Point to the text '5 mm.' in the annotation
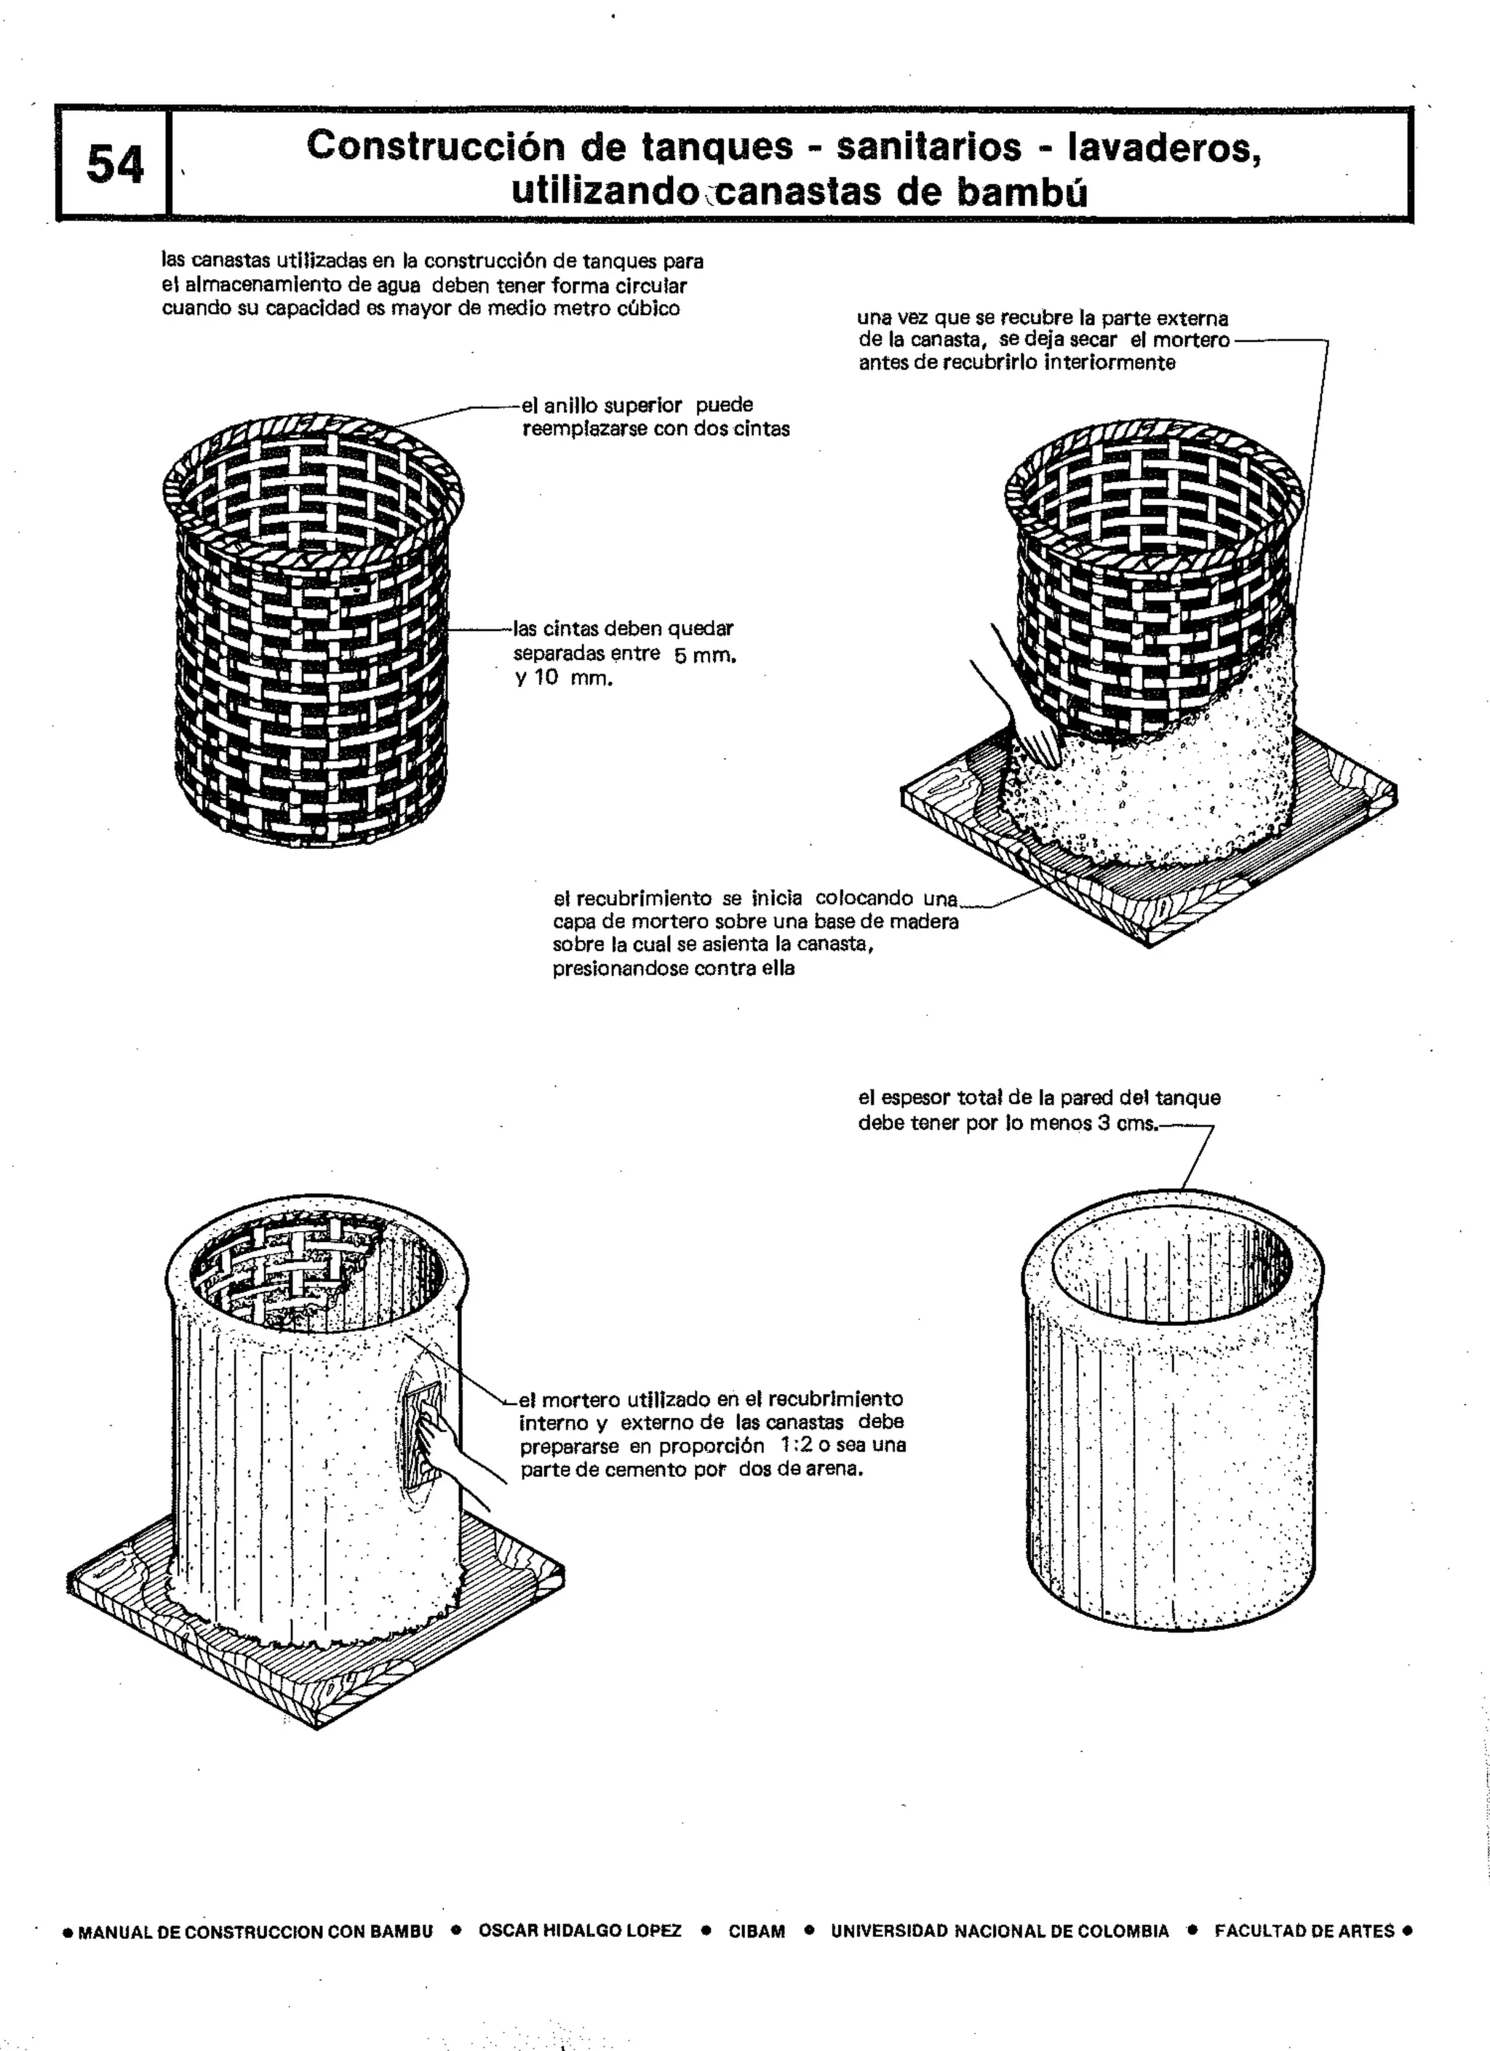click(704, 655)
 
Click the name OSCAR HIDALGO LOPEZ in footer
click(580, 1931)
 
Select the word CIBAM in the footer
click(757, 1931)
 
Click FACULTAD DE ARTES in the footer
click(1304, 1931)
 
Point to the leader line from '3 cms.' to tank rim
click(1195, 1158)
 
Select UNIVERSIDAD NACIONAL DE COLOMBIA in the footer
click(999, 1931)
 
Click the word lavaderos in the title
click(1165, 146)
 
